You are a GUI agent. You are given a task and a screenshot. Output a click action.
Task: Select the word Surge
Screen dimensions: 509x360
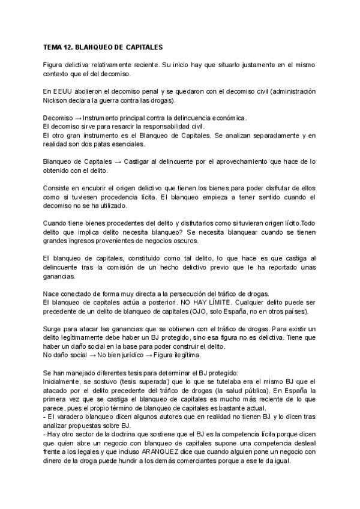tap(53, 330)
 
